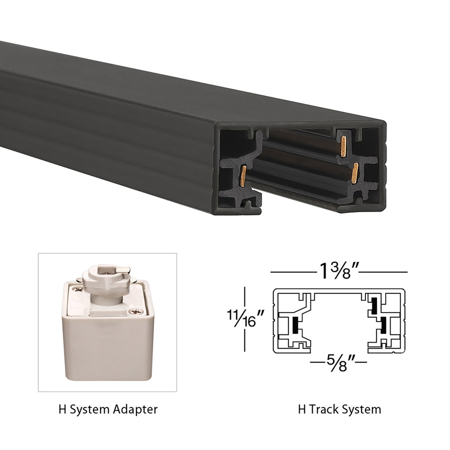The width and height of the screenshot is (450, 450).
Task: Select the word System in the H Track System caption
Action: tap(363, 409)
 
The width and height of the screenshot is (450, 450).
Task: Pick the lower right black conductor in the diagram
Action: tap(383, 325)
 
